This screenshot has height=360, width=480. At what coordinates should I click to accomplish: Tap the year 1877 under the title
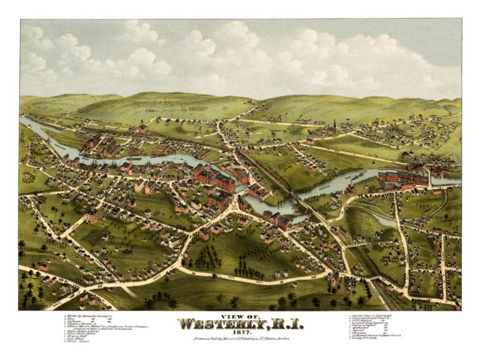(240, 332)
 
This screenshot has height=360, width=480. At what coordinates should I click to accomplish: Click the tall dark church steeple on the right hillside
(334, 125)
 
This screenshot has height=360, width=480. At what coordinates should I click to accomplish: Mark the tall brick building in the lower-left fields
(91, 216)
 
